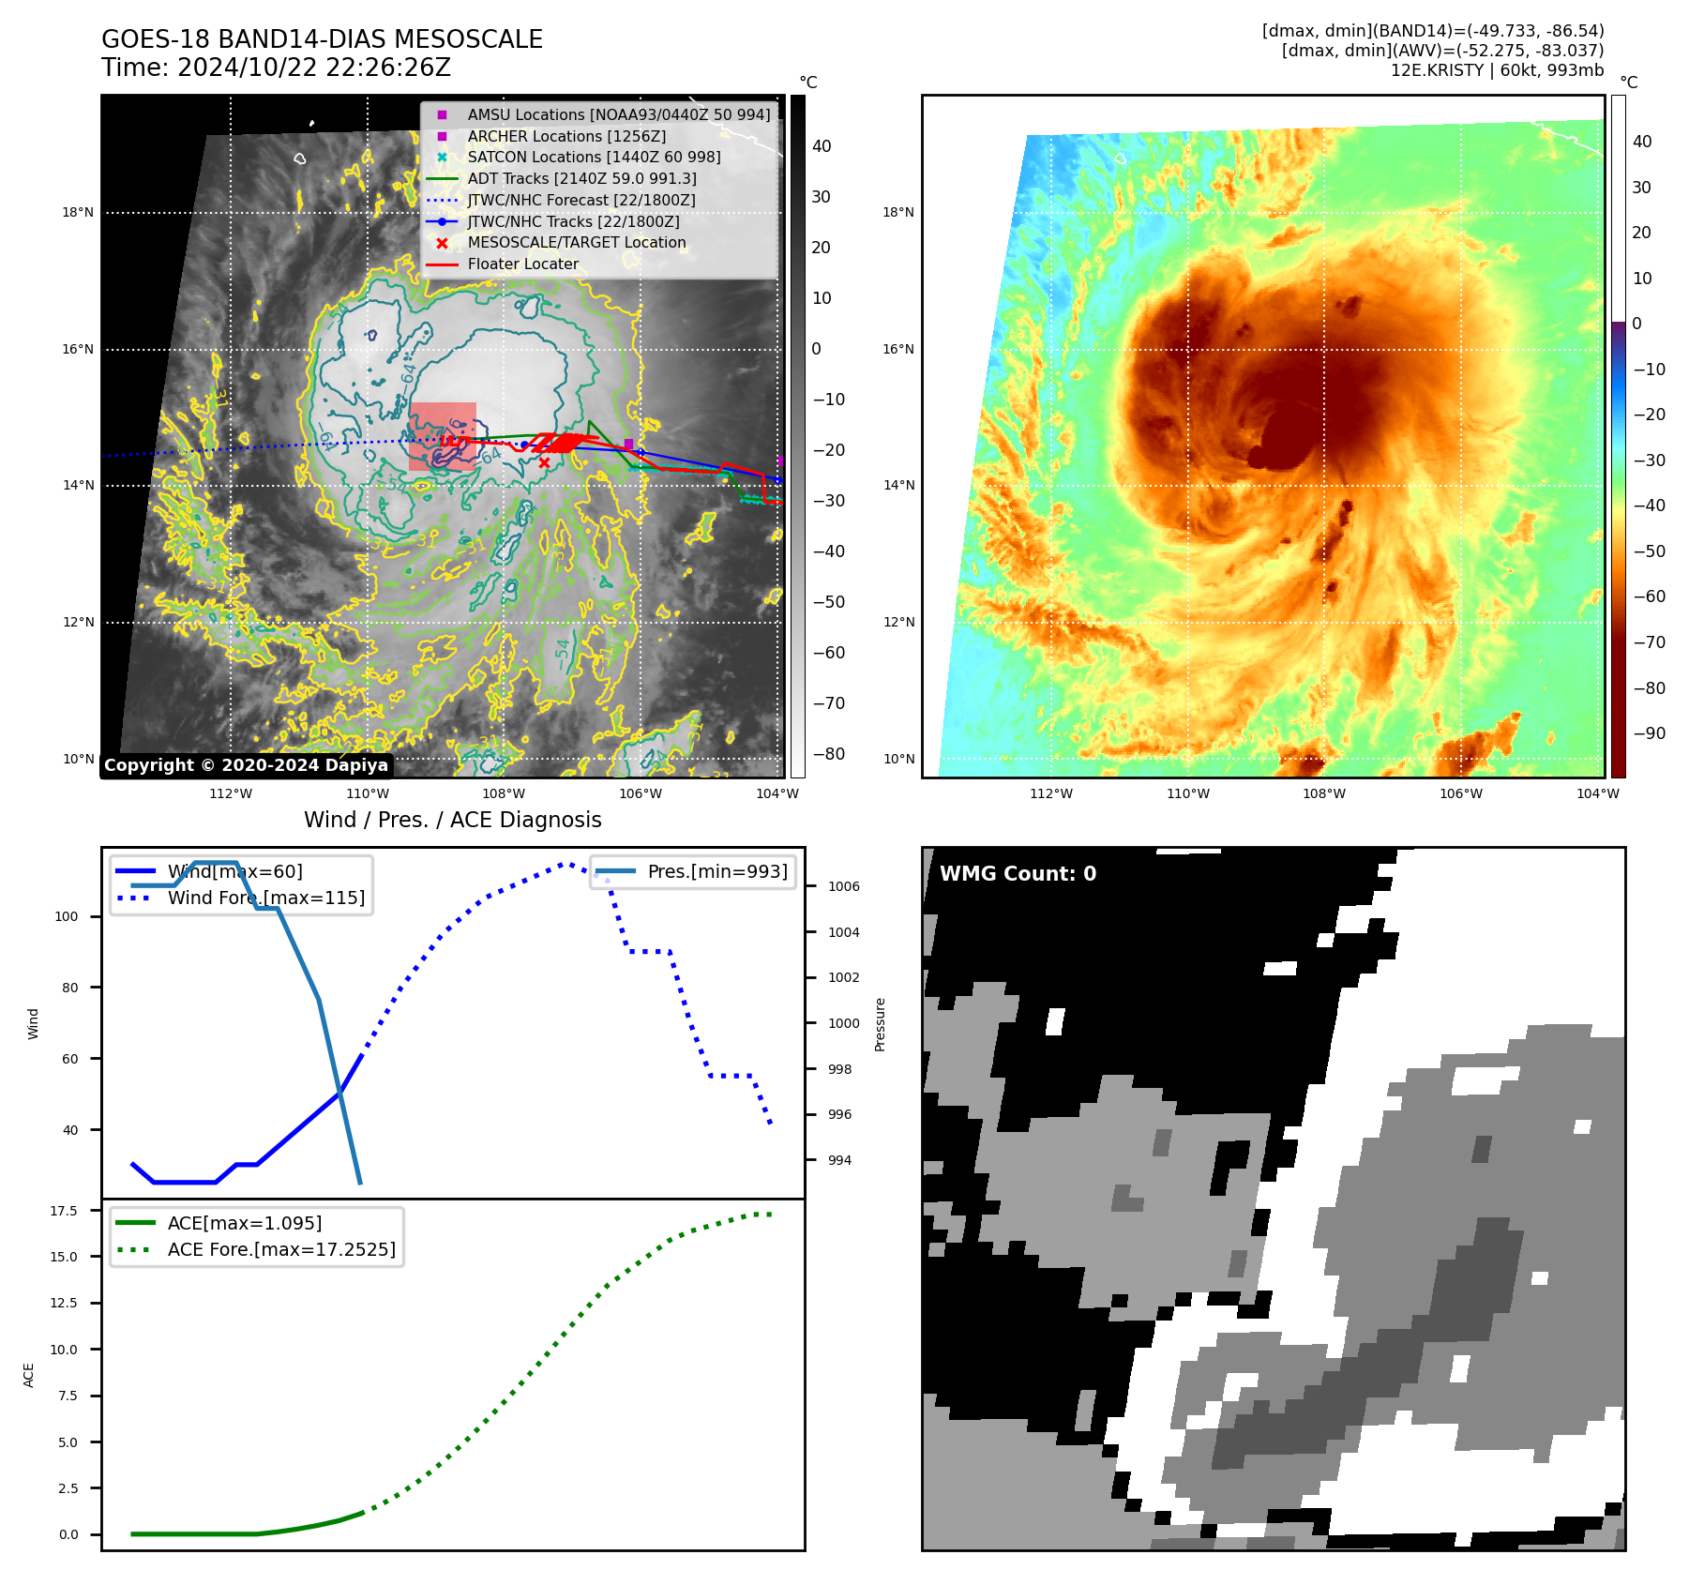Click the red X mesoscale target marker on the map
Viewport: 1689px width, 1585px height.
pyautogui.click(x=544, y=462)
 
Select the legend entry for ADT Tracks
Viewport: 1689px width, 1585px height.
pyautogui.click(x=581, y=178)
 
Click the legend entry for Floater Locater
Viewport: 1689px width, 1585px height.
pyautogui.click(x=522, y=264)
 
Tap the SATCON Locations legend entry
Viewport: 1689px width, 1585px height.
pyautogui.click(x=594, y=157)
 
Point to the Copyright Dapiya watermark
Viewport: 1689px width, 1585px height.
pyautogui.click(x=246, y=765)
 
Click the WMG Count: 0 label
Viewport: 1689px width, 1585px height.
pyautogui.click(x=1018, y=874)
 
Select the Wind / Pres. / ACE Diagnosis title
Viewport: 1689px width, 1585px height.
pyautogui.click(x=453, y=820)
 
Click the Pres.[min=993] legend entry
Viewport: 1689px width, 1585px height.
pyautogui.click(x=717, y=871)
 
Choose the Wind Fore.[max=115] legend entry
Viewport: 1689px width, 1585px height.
pyautogui.click(x=266, y=898)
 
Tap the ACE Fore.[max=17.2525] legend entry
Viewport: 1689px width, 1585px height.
pyautogui.click(x=281, y=1249)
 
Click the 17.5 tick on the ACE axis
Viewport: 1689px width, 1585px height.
pyautogui.click(x=64, y=1211)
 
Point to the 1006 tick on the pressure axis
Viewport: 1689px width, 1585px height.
pyautogui.click(x=843, y=886)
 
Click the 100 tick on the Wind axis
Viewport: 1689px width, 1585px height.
pyautogui.click(x=67, y=916)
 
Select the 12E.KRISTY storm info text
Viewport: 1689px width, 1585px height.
pyautogui.click(x=1497, y=70)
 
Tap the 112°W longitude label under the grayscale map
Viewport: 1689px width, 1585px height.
pyautogui.click(x=231, y=793)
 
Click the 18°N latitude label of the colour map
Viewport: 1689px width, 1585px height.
pyautogui.click(x=897, y=212)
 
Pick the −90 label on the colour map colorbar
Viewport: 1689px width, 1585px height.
pyautogui.click(x=1649, y=733)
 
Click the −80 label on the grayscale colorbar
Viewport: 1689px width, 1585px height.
pyautogui.click(x=828, y=754)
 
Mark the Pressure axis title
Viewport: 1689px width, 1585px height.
pyautogui.click(x=880, y=1024)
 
